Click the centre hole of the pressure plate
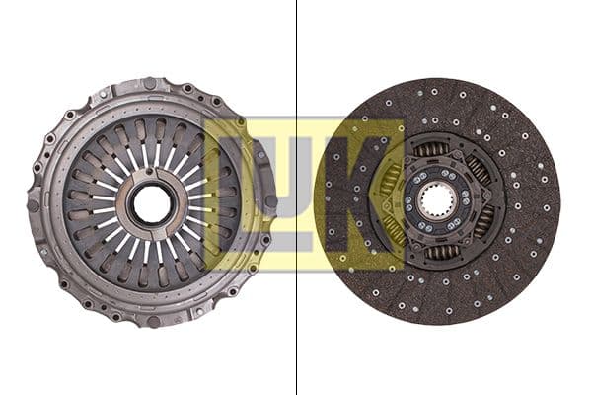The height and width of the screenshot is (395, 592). click(151, 203)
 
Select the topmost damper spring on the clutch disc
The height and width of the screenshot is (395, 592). click(431, 150)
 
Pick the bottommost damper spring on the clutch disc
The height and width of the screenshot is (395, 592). click(440, 253)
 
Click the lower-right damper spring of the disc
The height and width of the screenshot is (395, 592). click(483, 221)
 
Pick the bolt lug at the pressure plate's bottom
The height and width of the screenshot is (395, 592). click(152, 321)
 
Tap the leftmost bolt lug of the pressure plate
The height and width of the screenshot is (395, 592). click(34, 204)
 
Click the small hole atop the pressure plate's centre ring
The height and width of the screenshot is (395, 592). click(151, 174)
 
